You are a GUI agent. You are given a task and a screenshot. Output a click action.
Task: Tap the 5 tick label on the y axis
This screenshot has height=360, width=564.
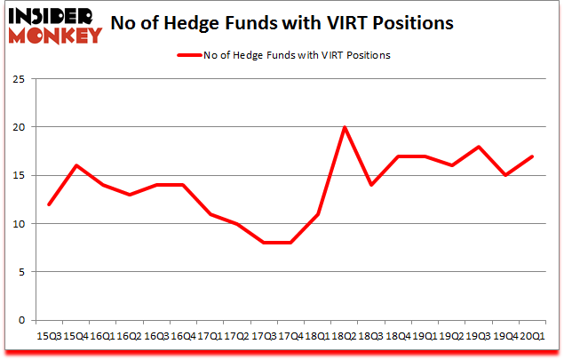click(19, 271)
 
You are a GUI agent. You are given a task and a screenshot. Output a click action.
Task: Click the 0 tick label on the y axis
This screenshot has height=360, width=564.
click(19, 320)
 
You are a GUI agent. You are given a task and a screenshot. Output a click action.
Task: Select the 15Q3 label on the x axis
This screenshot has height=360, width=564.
click(49, 336)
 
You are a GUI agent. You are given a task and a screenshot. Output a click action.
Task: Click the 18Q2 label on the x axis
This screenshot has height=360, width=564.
click(344, 336)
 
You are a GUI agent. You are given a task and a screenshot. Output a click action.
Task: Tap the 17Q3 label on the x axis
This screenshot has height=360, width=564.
click(263, 336)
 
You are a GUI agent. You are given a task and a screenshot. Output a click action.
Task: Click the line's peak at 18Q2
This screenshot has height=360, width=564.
click(344, 127)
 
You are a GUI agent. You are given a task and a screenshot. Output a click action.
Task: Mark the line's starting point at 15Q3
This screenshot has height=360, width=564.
click(49, 204)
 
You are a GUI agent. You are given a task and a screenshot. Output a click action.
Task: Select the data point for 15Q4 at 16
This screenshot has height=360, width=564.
click(75, 165)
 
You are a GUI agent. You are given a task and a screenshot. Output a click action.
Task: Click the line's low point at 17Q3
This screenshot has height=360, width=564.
click(263, 243)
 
